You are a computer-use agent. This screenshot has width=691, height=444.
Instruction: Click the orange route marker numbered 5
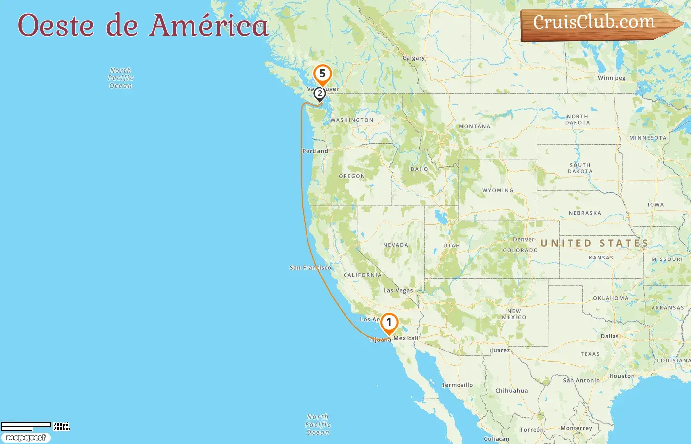click(x=322, y=74)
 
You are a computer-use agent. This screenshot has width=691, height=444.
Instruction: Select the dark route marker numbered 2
click(x=320, y=93)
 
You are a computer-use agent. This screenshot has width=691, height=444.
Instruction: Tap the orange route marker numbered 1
click(x=389, y=323)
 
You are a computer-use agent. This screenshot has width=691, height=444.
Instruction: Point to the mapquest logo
click(x=26, y=438)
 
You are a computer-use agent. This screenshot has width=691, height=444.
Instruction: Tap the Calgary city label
click(x=414, y=58)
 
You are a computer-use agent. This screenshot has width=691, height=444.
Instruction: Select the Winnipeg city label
click(x=612, y=78)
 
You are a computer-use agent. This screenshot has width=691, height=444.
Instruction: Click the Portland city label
click(x=315, y=151)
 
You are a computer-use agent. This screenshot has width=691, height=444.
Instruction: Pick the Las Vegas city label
click(x=398, y=290)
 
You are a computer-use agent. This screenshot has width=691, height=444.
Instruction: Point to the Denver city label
click(x=523, y=240)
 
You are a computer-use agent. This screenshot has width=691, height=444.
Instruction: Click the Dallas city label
click(x=610, y=336)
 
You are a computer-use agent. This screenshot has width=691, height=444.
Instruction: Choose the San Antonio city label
click(x=581, y=380)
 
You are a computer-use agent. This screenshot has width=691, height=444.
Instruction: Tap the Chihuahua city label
click(x=511, y=391)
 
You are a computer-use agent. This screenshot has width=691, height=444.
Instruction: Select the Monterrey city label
click(x=576, y=428)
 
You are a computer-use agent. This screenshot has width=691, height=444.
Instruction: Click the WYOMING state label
click(x=498, y=190)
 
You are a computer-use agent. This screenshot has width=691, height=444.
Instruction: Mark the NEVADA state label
click(x=396, y=245)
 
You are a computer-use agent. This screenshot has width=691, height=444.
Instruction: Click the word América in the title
click(x=209, y=25)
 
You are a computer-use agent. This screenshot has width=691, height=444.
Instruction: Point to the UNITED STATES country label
click(x=594, y=243)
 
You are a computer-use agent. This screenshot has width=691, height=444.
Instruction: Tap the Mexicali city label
click(x=406, y=338)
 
